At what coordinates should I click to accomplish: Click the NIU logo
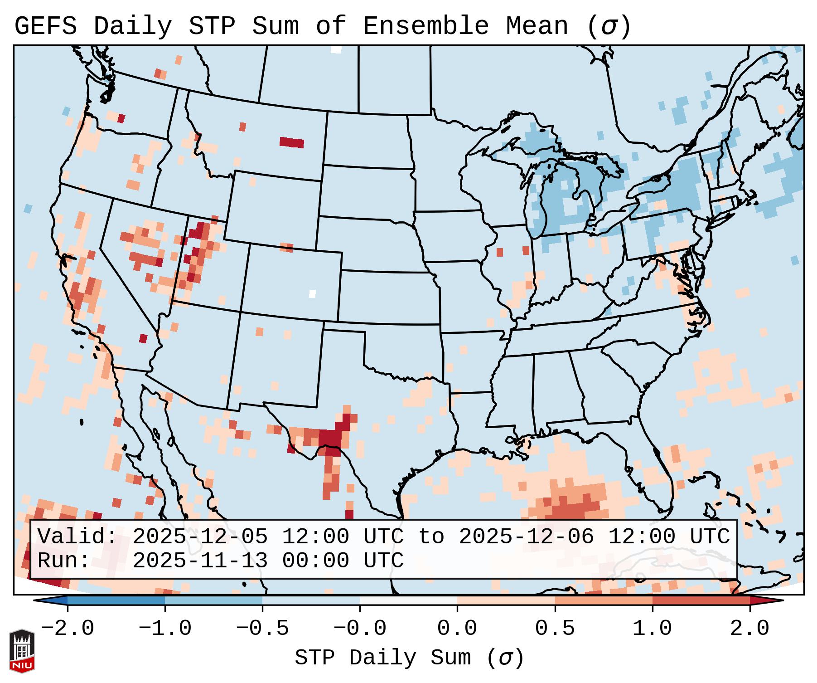[x=22, y=650]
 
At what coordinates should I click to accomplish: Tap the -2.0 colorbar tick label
[x=68, y=629]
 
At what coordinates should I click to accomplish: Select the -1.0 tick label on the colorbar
[x=165, y=629]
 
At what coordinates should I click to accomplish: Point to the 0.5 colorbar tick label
[x=555, y=629]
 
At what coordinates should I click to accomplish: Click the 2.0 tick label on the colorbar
[x=749, y=629]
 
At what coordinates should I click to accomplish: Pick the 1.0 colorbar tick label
[x=652, y=629]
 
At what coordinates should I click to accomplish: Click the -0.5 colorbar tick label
[x=262, y=629]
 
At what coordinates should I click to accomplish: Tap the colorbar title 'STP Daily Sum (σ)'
[x=409, y=658]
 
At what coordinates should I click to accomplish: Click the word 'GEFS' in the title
[x=45, y=26]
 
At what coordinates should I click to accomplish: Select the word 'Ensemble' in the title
[x=426, y=26]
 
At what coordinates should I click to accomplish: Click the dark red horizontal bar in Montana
[x=292, y=142]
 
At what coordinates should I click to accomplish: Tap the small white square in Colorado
[x=312, y=293]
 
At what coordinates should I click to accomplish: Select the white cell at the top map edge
[x=336, y=49]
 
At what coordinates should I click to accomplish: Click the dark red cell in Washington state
[x=121, y=118]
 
